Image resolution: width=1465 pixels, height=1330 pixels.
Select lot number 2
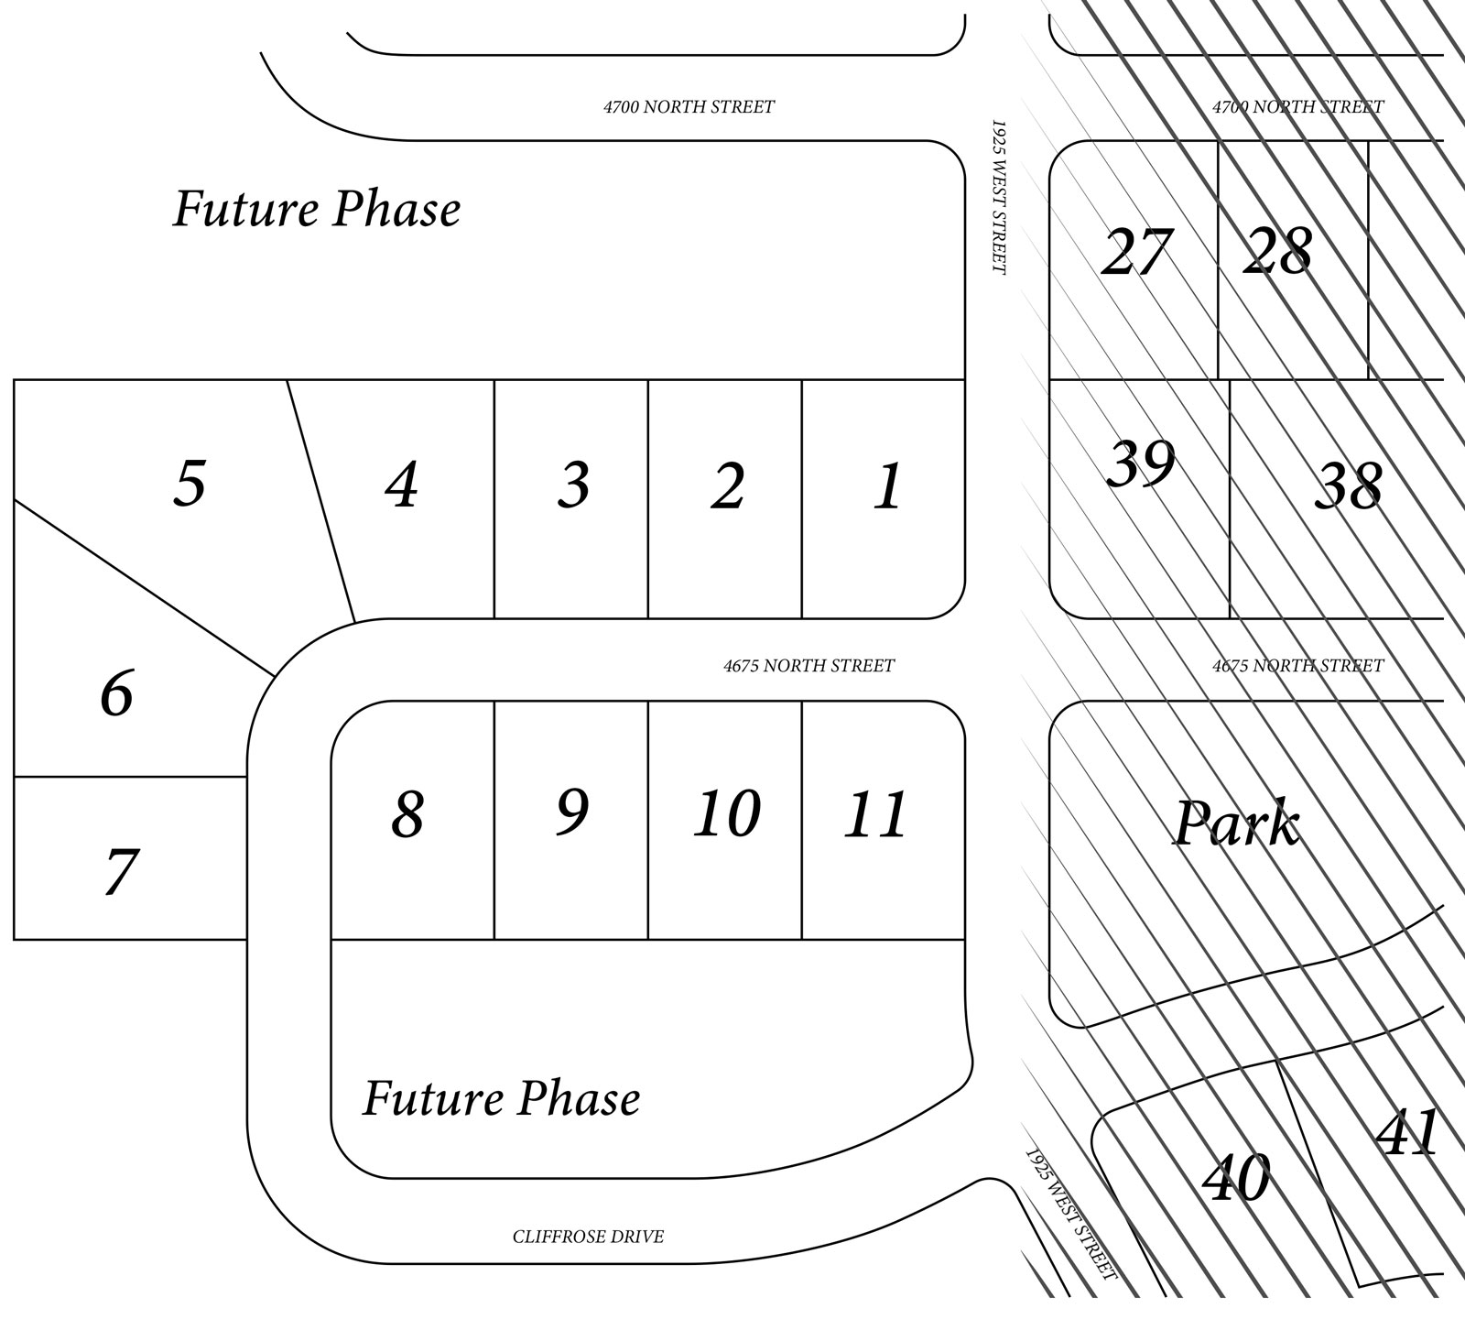coord(728,486)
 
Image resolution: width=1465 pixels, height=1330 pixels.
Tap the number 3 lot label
coord(574,485)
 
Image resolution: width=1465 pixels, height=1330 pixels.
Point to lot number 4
coord(402,485)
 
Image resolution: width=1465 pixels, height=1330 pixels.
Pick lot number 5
coord(190,482)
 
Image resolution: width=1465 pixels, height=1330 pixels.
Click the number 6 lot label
coord(116,693)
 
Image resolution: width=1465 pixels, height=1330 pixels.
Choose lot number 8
coord(408,813)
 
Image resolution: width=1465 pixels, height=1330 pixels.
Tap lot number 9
coord(572,812)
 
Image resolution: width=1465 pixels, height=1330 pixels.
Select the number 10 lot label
coord(727,813)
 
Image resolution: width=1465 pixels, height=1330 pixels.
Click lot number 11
coord(876,814)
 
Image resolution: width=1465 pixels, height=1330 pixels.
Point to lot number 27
coord(1136,252)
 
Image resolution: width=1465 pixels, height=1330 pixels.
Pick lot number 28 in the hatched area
coord(1277,250)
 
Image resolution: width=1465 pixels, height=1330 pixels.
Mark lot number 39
coord(1141,463)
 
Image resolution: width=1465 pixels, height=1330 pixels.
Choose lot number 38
coord(1349,485)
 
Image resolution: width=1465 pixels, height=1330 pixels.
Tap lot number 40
coord(1236,1178)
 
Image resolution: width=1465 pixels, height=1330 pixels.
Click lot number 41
coord(1408,1133)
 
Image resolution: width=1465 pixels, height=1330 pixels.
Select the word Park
coord(1236,823)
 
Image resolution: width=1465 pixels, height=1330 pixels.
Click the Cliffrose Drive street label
coord(588,1237)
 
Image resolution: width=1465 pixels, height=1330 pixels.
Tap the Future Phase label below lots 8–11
coord(502,1097)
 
